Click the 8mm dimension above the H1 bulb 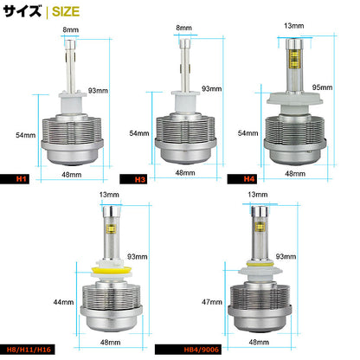[70, 29]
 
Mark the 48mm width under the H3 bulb [184, 172]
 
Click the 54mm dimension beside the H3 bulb [139, 133]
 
